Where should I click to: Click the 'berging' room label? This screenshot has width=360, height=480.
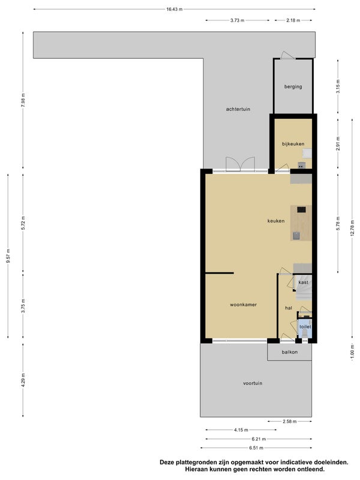point(293,86)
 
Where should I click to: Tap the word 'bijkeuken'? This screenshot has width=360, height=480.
point(293,144)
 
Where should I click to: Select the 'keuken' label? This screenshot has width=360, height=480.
point(276,221)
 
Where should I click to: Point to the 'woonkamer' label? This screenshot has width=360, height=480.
point(244,305)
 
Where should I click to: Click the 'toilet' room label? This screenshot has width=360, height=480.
point(305,326)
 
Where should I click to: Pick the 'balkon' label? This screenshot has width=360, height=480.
point(290,352)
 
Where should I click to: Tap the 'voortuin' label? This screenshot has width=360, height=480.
point(253,383)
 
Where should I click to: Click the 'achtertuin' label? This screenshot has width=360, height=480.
point(238,109)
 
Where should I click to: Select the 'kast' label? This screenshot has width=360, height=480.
point(304,282)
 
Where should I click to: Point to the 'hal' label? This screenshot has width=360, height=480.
point(289,308)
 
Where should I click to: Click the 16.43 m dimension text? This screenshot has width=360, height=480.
point(174,9)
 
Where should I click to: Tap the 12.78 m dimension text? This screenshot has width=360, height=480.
point(352,228)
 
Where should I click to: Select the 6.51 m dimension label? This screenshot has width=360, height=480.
point(256,448)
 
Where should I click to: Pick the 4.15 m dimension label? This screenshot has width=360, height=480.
point(241,430)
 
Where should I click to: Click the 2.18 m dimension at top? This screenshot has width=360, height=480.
point(293,20)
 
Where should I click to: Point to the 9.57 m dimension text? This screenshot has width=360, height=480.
point(8,256)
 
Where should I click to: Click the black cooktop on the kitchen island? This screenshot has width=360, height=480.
point(301,209)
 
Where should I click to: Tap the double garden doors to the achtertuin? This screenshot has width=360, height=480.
point(241,164)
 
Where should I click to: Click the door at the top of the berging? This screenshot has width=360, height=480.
point(288,55)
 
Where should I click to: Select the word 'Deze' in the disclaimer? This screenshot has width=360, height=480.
point(168,462)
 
